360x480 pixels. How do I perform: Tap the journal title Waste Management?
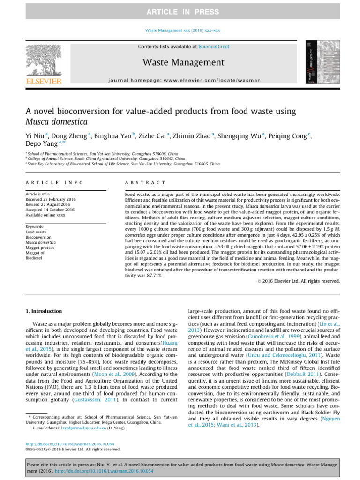point(184,62)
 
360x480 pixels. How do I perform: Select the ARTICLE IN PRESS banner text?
point(180,11)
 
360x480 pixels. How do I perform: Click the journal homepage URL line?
point(184,80)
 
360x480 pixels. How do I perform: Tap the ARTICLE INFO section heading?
point(54,182)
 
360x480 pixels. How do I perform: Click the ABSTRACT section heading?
point(145,182)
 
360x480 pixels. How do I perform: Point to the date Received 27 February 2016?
point(51,199)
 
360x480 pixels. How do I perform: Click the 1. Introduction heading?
point(43,311)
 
